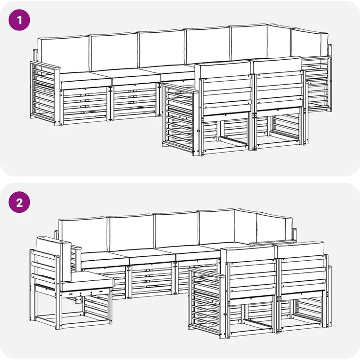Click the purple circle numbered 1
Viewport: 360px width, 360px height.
point(19,20)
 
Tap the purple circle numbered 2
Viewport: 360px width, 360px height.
point(19,202)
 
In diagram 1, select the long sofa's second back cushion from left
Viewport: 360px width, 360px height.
point(113,52)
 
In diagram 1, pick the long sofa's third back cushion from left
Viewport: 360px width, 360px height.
point(161,49)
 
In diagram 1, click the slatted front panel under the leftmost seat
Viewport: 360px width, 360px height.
point(84,105)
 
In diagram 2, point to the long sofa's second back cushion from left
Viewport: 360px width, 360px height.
point(131,232)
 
